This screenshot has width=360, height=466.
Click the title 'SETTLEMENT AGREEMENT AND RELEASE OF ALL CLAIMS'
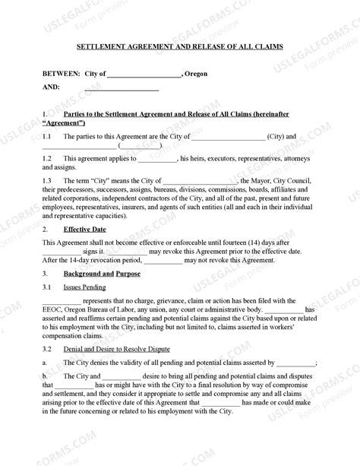[x=180, y=46]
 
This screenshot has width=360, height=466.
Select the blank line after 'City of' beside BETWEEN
[x=144, y=75]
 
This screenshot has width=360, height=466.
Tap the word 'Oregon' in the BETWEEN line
[x=198, y=74]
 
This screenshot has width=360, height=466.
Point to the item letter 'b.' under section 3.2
[x=46, y=376]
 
